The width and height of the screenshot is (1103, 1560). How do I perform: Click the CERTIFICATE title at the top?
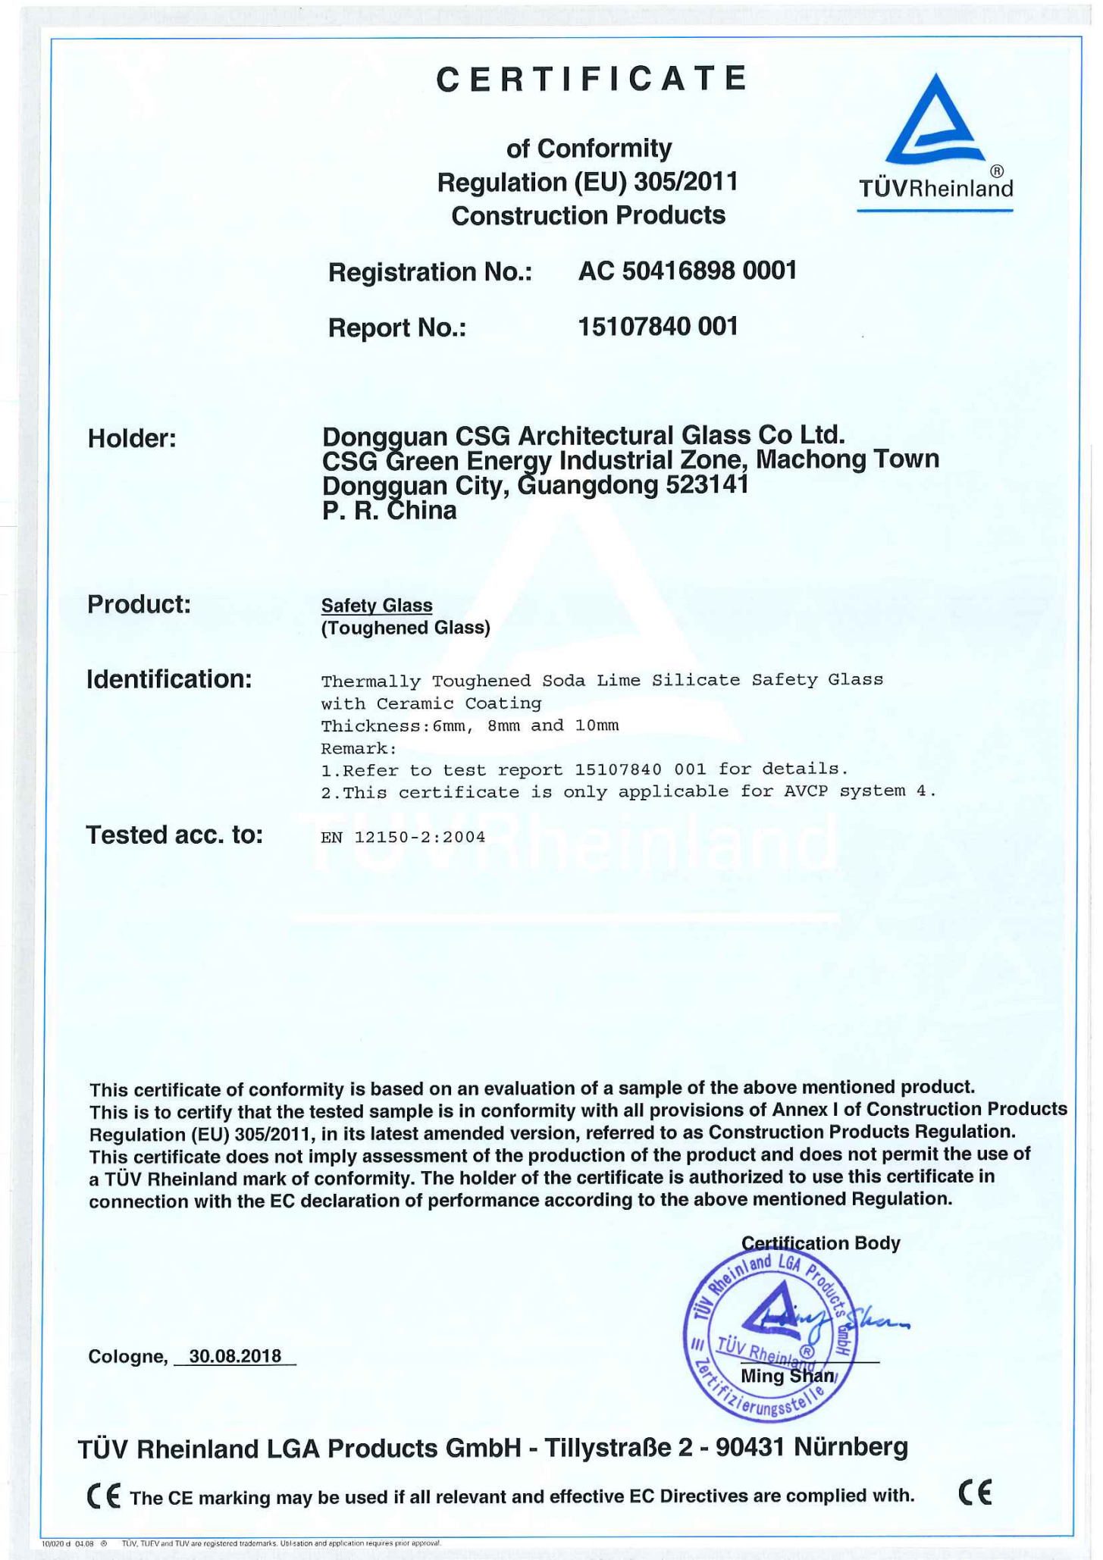pyautogui.click(x=592, y=79)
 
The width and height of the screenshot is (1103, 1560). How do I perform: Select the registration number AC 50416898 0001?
pyautogui.click(x=687, y=271)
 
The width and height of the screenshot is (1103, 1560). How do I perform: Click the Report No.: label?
pyautogui.click(x=396, y=328)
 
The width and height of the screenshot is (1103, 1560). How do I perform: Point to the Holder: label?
pyautogui.click(x=132, y=438)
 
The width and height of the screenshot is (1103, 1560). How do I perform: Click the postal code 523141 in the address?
pyautogui.click(x=707, y=484)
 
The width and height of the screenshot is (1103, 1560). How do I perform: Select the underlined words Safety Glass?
pyautogui.click(x=377, y=606)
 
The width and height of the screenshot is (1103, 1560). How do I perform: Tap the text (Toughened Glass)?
pyautogui.click(x=406, y=628)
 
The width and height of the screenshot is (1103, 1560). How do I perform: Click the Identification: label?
pyautogui.click(x=169, y=679)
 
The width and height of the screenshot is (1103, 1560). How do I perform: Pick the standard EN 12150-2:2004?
pyautogui.click(x=403, y=837)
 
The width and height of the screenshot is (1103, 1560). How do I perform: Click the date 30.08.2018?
pyautogui.click(x=235, y=1356)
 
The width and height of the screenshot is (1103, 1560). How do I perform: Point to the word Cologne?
pyautogui.click(x=125, y=1357)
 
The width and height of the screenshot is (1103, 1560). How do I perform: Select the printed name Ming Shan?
pyautogui.click(x=787, y=1376)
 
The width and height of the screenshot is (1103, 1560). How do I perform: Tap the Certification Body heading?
pyautogui.click(x=820, y=1243)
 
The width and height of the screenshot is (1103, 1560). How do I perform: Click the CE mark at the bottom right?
pyautogui.click(x=975, y=1493)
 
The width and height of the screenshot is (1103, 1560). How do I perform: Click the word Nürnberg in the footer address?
pyautogui.click(x=851, y=1448)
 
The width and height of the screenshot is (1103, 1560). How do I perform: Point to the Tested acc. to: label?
pyautogui.click(x=174, y=835)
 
